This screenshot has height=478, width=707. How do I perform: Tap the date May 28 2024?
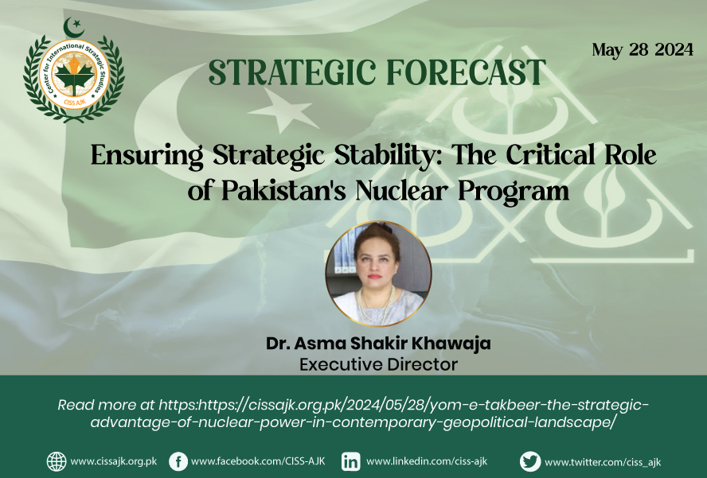click(643, 49)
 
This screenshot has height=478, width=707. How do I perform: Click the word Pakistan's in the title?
click(283, 191)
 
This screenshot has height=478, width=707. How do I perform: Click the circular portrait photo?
click(378, 274)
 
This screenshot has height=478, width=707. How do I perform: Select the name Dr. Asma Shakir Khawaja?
click(378, 344)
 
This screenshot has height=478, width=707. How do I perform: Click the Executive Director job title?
click(378, 364)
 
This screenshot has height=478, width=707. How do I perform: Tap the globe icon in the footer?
click(57, 461)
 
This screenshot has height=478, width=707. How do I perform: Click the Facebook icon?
click(178, 462)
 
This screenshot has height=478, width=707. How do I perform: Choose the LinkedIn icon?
click(350, 462)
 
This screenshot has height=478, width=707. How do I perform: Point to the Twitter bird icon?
click(530, 461)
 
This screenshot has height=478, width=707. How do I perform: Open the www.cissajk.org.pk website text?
click(114, 462)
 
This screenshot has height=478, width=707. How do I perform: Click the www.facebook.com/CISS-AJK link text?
click(258, 461)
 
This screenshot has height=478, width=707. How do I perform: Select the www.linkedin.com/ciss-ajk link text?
click(427, 461)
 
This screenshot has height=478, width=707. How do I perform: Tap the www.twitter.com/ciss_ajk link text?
click(603, 462)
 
